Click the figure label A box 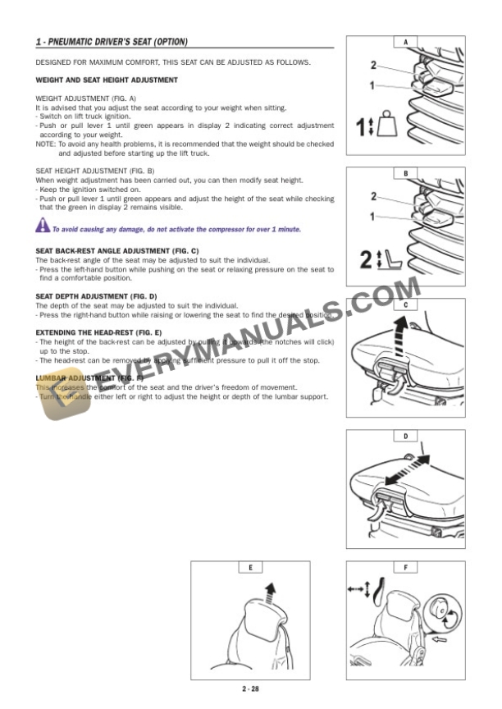click(x=405, y=42)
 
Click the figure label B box click(x=405, y=173)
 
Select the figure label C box click(x=405, y=304)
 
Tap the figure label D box click(x=405, y=436)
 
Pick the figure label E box click(x=250, y=567)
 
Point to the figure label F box click(x=405, y=567)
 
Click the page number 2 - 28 click(x=250, y=688)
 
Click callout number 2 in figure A click(x=373, y=65)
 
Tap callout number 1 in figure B click(x=373, y=217)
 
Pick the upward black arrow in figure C click(x=401, y=334)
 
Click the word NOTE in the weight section click(x=44, y=144)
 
